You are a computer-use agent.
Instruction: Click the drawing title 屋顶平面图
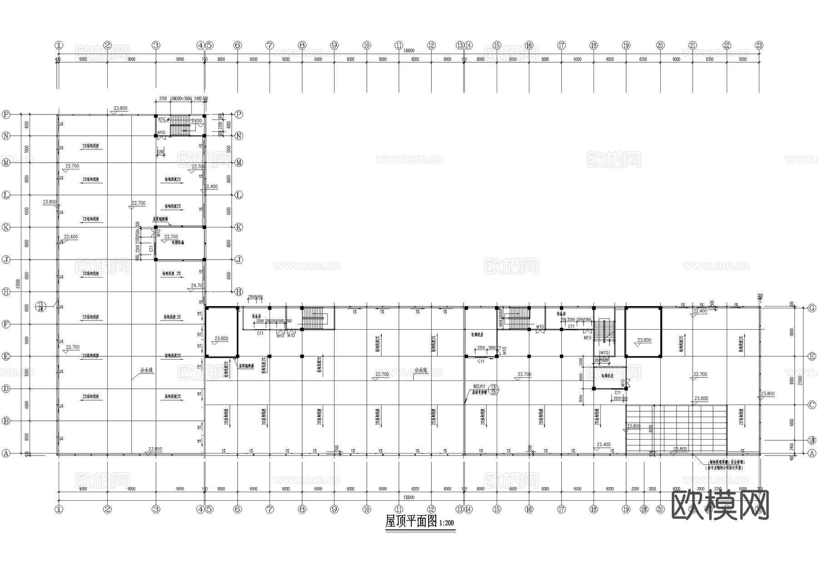coord(411,521)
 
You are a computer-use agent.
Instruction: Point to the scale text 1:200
coord(446,523)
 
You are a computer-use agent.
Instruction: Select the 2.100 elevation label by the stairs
coord(197,121)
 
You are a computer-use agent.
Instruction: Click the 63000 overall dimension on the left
coord(18,283)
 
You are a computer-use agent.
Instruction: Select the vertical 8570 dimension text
coord(652,428)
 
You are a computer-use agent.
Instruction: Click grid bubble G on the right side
coord(812,308)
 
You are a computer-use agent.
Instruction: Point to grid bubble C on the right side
coord(812,405)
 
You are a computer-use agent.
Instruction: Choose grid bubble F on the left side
coord(6,324)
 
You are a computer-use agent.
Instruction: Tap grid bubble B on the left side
coord(6,421)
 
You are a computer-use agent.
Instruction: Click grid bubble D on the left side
coord(6,389)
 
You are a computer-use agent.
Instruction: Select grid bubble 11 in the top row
coord(399,45)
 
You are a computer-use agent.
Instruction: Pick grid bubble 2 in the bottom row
coord(107,509)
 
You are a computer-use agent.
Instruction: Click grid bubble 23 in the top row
coord(759,45)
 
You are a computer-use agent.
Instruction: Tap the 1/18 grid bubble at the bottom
coord(643,509)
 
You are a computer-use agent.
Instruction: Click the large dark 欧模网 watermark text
coord(720,504)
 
